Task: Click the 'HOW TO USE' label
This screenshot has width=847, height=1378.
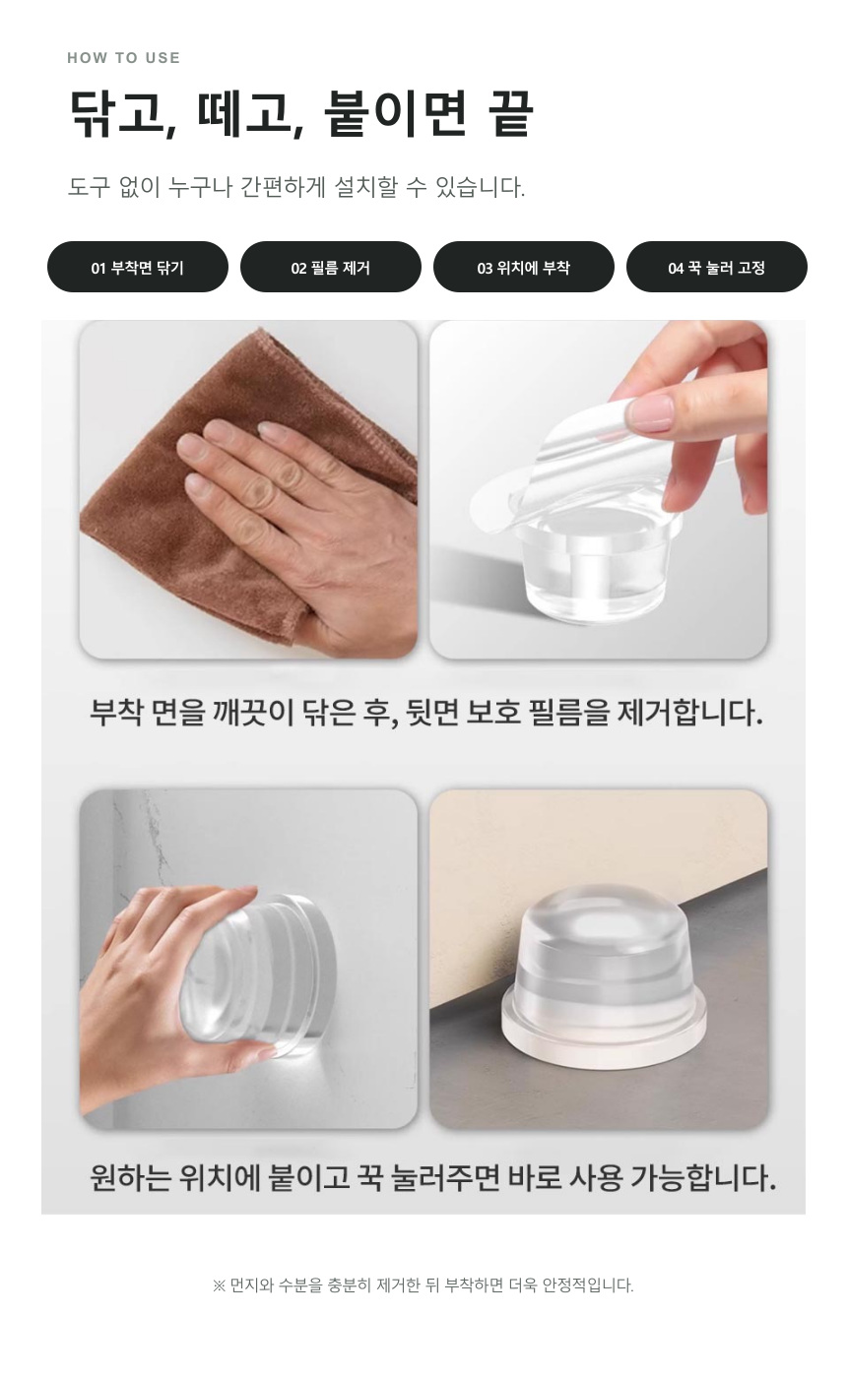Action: tap(123, 58)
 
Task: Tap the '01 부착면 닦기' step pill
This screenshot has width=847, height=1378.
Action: tap(138, 267)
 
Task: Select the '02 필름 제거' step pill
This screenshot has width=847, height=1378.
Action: tap(331, 267)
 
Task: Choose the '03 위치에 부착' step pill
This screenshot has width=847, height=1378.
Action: tap(524, 267)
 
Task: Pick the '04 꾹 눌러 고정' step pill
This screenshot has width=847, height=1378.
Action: tap(717, 267)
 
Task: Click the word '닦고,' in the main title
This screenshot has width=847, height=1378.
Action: tap(123, 114)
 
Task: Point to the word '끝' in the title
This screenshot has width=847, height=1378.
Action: tap(510, 113)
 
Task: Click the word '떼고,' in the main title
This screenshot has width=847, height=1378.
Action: tap(250, 114)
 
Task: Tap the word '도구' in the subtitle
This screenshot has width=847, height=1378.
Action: tap(89, 186)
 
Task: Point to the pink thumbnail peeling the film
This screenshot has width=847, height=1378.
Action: tap(652, 413)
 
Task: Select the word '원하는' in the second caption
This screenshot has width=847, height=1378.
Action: tap(130, 1177)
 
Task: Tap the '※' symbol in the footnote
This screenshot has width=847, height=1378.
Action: tap(219, 1285)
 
